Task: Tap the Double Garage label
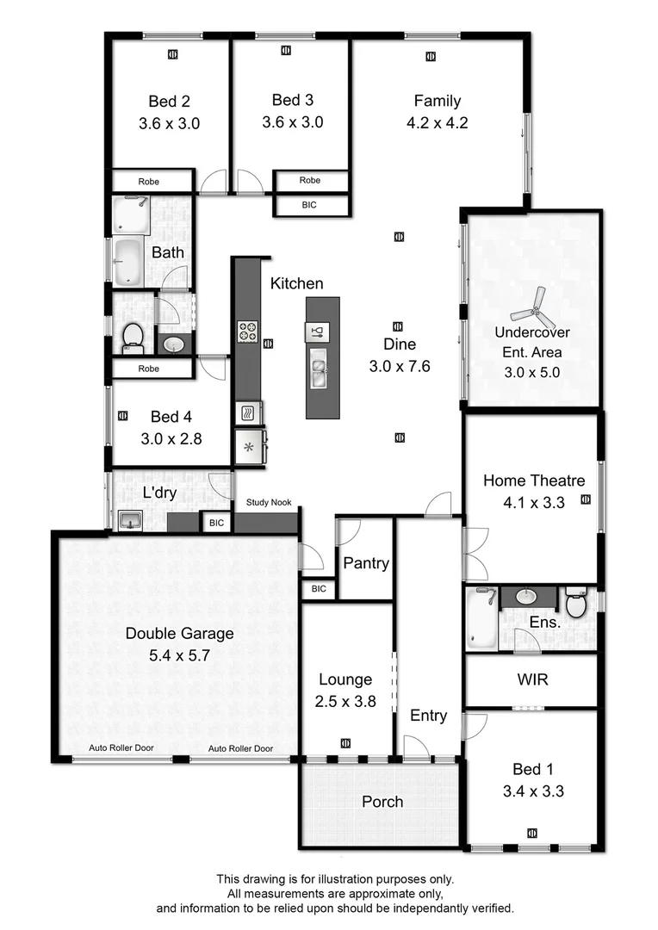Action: [179, 634]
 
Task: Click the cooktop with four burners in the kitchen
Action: [247, 331]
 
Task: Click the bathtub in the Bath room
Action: [127, 260]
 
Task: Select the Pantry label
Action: [366, 564]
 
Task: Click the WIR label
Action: [532, 679]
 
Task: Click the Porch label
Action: [382, 802]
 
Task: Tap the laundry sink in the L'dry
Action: [130, 520]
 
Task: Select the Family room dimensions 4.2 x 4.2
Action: [437, 123]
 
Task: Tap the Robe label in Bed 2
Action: [152, 182]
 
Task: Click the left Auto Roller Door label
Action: [121, 748]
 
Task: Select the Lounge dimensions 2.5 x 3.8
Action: [346, 701]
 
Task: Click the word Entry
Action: [428, 716]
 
